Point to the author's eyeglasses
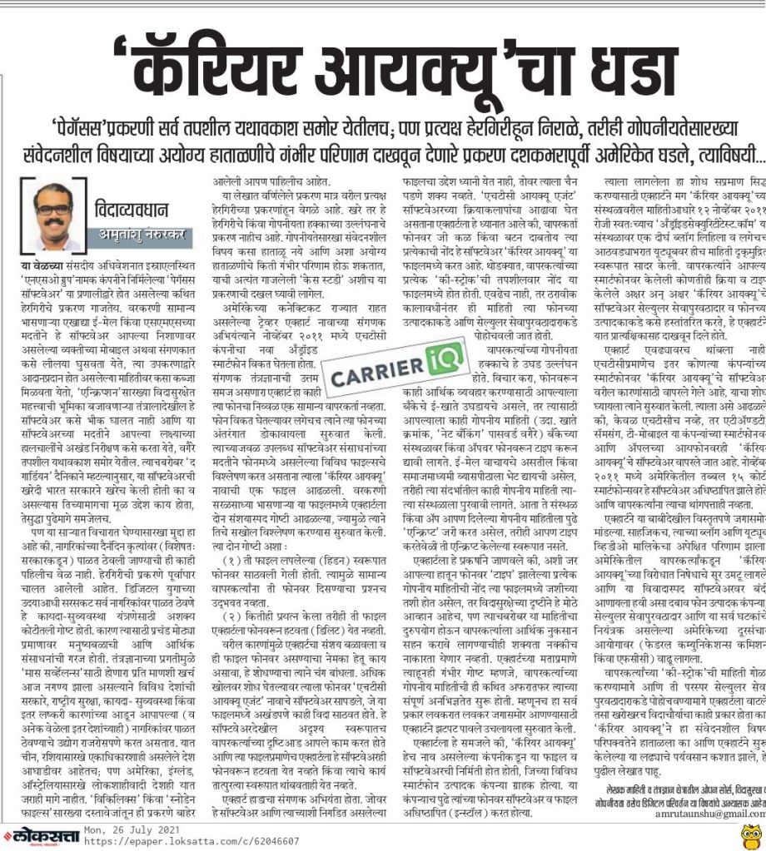coord(52,205)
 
